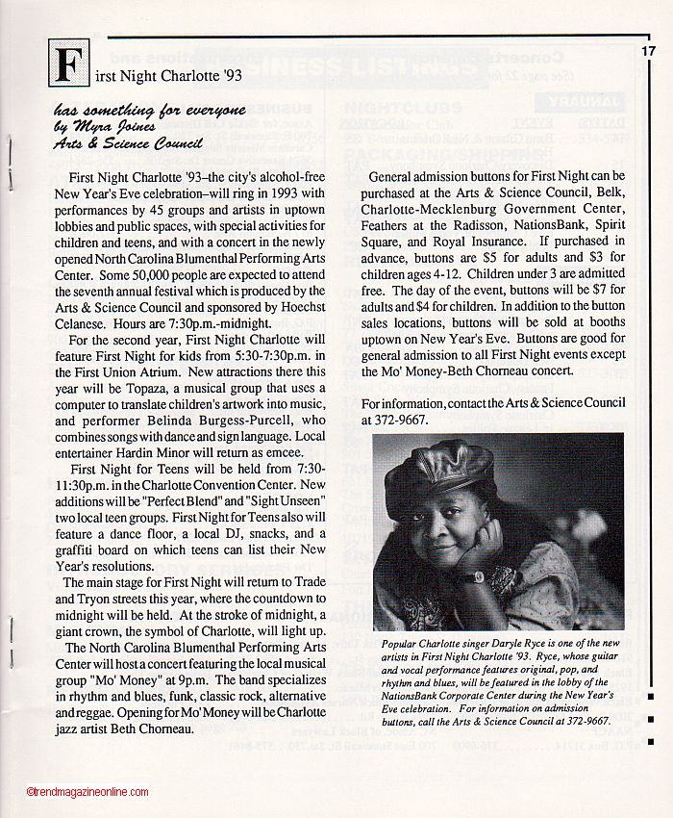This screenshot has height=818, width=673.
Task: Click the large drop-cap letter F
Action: [69, 64]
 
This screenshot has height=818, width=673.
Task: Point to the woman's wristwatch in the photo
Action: [471, 577]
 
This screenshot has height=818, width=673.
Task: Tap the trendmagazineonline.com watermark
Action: [87, 792]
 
